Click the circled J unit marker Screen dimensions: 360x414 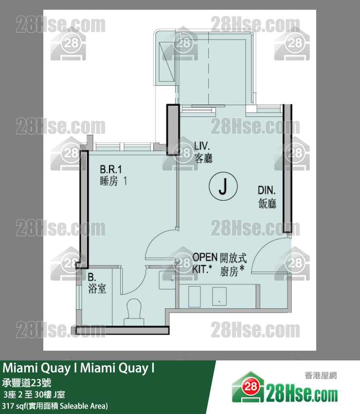(223, 186)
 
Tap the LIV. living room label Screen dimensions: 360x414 (202, 146)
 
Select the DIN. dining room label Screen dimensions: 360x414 (267, 190)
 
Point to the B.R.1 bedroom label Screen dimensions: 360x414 (111, 169)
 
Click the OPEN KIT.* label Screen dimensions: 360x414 (205, 263)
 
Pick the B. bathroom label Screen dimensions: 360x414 (92, 277)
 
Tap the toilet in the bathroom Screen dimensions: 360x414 (134, 312)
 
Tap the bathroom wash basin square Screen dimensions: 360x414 (167, 280)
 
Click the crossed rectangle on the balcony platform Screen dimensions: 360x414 (167, 62)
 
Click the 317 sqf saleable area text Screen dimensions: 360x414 (55, 406)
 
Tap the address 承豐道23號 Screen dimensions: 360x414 (27, 382)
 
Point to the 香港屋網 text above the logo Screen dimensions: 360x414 (321, 376)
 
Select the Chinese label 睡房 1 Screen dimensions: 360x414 (113, 181)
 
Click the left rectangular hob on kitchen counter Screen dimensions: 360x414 (195, 297)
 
